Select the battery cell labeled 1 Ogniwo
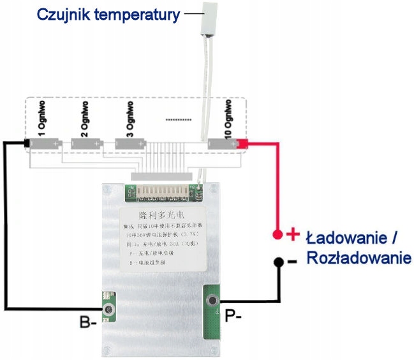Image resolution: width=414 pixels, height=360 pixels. tap(44, 144)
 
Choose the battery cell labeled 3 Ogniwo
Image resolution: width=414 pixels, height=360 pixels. tap(132, 144)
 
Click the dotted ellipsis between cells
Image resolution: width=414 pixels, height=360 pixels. tap(178, 119)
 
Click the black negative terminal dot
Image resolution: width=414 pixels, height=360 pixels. tap(278, 262)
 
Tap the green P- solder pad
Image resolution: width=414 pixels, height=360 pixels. tap(212, 312)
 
